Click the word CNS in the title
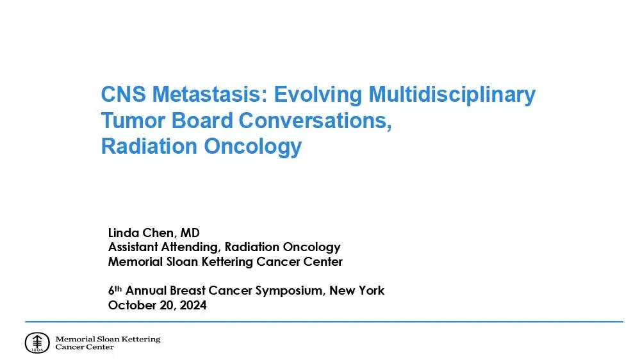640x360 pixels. [120, 95]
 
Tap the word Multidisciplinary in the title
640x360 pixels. [452, 95]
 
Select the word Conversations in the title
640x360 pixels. [314, 120]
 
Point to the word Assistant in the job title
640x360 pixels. [133, 247]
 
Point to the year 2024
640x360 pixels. [192, 306]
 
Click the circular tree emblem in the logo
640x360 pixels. [37, 343]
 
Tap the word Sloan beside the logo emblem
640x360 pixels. [108, 339]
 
